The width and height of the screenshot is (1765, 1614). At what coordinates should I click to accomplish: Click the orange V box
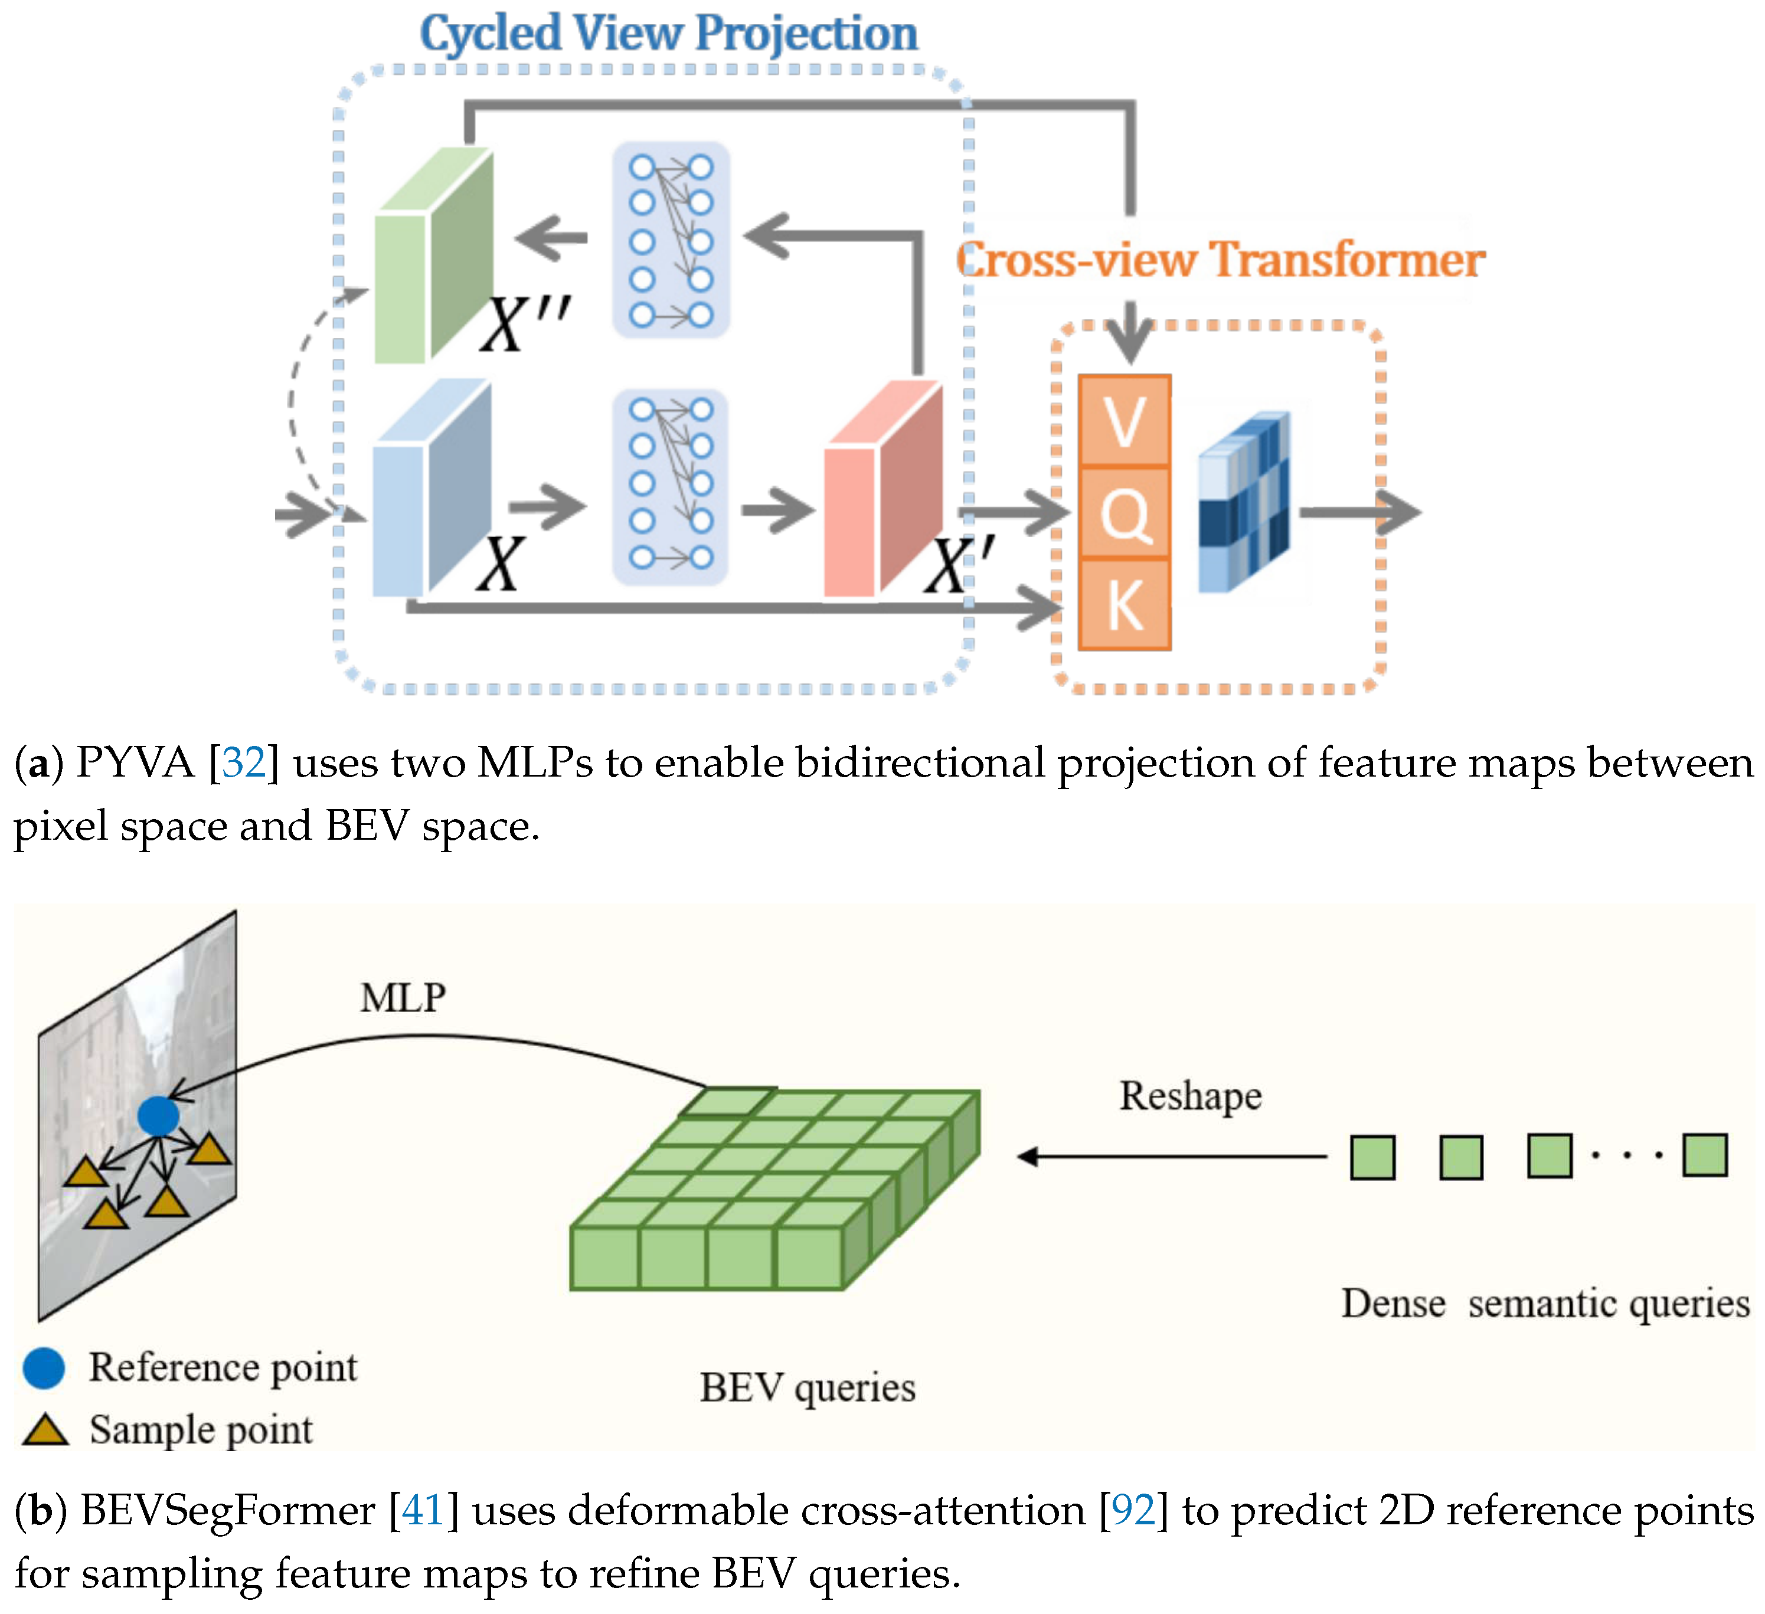(x=1124, y=421)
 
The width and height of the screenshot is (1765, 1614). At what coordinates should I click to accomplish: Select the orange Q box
(x=1124, y=513)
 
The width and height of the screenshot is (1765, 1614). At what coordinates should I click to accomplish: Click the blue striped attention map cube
(x=1243, y=502)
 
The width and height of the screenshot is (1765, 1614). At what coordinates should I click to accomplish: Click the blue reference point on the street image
(x=158, y=1116)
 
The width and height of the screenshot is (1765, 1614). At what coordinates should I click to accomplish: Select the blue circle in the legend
(x=44, y=1368)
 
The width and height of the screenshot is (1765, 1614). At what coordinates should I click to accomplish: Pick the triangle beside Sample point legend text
(x=45, y=1430)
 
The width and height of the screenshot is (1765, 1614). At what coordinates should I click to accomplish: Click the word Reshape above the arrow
(x=1190, y=1096)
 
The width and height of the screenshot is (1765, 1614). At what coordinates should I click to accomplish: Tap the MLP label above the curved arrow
(x=403, y=998)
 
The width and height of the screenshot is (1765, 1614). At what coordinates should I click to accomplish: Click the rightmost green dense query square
(x=1704, y=1155)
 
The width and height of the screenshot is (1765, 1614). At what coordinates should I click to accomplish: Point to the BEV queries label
(x=807, y=1387)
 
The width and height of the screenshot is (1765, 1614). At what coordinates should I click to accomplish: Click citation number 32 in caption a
(x=243, y=762)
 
